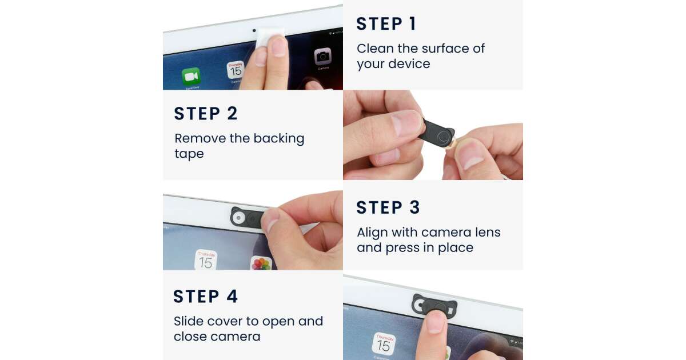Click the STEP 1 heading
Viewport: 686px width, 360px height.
coord(386,24)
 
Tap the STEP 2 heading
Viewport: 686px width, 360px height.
coord(206,114)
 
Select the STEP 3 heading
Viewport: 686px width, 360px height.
coord(388,207)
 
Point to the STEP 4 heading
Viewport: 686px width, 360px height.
coord(205,297)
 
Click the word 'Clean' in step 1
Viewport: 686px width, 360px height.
coord(375,49)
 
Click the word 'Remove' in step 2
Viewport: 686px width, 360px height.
coord(200,138)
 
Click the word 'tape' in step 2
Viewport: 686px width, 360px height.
coord(189,154)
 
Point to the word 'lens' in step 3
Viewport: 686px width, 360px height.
coord(488,233)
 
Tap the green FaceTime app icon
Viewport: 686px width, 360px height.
coord(191,76)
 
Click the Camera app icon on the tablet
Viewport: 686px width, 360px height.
coord(323,57)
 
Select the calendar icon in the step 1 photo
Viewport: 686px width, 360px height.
coord(236,70)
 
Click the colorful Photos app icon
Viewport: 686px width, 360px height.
coord(261,263)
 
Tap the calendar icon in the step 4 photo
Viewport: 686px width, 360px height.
coord(384,344)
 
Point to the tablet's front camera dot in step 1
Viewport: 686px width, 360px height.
coord(254,31)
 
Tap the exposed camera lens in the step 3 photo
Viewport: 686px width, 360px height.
coord(238,218)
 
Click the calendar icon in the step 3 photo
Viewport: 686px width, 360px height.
coord(206,260)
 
